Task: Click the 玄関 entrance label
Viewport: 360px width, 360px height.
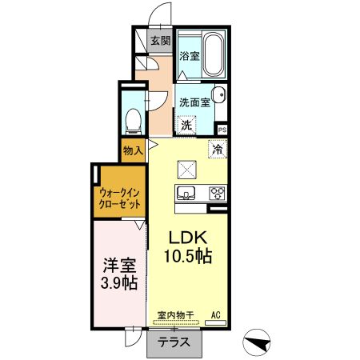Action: [160, 41]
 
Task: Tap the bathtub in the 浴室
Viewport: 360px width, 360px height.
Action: [214, 54]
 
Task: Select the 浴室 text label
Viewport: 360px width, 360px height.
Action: [189, 57]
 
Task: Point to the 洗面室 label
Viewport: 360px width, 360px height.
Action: [194, 102]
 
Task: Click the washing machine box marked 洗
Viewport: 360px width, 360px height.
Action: [187, 125]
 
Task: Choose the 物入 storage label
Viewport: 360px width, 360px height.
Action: [133, 149]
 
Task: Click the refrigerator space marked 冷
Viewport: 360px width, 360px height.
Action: [217, 149]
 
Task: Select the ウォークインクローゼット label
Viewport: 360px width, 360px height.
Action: [121, 197]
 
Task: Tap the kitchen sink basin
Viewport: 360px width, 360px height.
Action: [186, 193]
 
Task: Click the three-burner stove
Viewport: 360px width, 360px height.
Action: [217, 193]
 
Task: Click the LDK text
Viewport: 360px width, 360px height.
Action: [188, 238]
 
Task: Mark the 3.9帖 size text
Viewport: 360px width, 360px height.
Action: [118, 284]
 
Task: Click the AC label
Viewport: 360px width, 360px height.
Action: [215, 315]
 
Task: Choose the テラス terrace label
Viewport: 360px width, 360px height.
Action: [174, 342]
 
